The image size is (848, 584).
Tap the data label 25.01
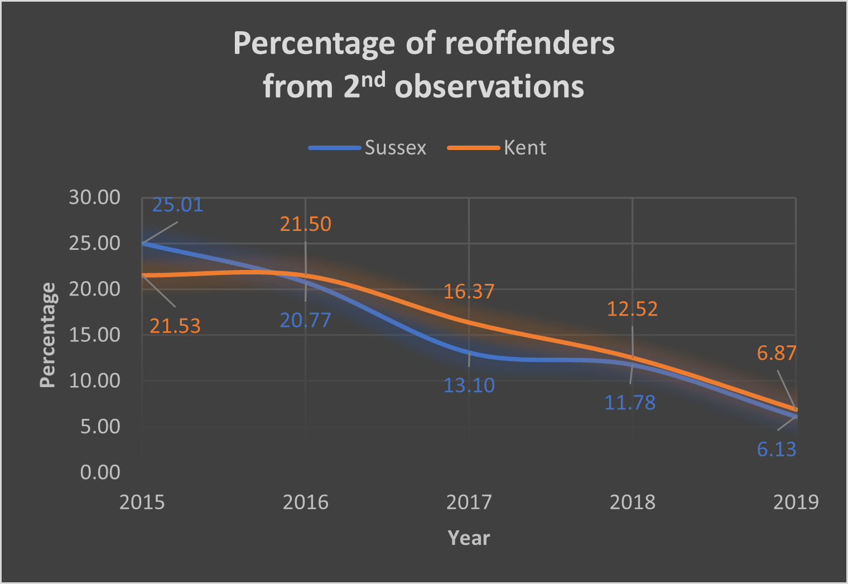pyautogui.click(x=177, y=205)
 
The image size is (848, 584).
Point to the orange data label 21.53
pyautogui.click(x=175, y=326)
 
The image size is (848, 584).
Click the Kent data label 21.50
pyautogui.click(x=305, y=224)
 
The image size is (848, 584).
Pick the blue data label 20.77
pyautogui.click(x=305, y=320)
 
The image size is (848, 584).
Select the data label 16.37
pyautogui.click(x=469, y=291)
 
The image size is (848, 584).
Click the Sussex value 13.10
pyautogui.click(x=469, y=385)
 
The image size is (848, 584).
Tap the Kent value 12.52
pyautogui.click(x=632, y=309)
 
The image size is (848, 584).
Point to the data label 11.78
pyautogui.click(x=630, y=403)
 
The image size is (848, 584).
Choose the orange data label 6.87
pyautogui.click(x=776, y=353)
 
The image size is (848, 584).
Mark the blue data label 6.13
pyautogui.click(x=776, y=449)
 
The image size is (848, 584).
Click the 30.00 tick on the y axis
pyautogui.click(x=94, y=197)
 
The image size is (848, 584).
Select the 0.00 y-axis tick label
pyautogui.click(x=100, y=472)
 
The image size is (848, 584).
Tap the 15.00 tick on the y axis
pyautogui.click(x=94, y=335)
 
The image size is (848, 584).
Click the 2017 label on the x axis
pyautogui.click(x=469, y=503)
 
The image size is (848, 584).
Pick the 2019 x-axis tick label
pyautogui.click(x=796, y=503)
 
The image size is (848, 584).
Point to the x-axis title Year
pyautogui.click(x=469, y=538)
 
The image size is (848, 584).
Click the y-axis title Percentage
pyautogui.click(x=48, y=335)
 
